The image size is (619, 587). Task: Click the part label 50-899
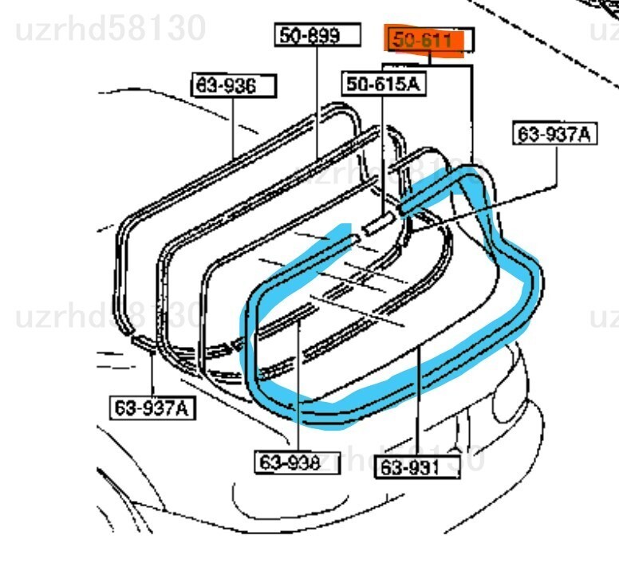click(317, 35)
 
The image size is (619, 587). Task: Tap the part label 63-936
click(234, 85)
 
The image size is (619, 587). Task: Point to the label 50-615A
click(384, 84)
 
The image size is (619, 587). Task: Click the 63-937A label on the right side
click(554, 134)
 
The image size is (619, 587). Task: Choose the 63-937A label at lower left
click(152, 408)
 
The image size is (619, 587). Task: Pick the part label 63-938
click(298, 463)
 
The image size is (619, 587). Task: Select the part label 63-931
click(417, 467)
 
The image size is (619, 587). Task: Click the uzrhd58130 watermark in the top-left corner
click(111, 29)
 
